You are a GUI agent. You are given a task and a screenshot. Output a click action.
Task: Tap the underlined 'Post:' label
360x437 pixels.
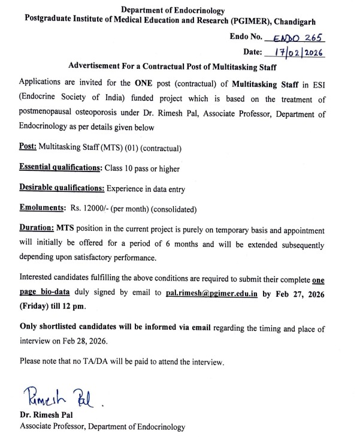click(28, 147)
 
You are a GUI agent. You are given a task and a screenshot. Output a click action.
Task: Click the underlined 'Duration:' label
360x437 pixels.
click(37, 230)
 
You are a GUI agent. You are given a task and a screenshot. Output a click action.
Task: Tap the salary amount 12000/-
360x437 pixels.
click(96, 209)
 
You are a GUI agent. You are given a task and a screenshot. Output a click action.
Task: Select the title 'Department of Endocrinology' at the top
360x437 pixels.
click(173, 10)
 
